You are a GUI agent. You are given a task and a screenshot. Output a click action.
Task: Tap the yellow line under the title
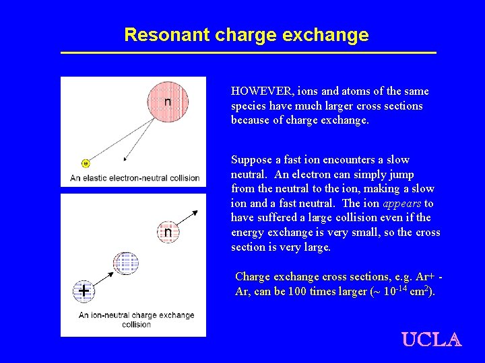249,53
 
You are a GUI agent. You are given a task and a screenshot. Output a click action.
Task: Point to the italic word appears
402,204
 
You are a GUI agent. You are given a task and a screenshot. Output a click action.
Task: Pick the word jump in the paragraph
401,174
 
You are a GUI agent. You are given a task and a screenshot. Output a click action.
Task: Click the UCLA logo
431,339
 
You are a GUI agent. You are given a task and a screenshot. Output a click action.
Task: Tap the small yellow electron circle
86,163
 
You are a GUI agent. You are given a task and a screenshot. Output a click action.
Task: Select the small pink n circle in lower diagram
168,232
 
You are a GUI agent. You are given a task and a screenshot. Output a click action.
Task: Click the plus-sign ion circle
84,291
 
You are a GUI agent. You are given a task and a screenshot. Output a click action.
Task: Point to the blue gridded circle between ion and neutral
126,263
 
